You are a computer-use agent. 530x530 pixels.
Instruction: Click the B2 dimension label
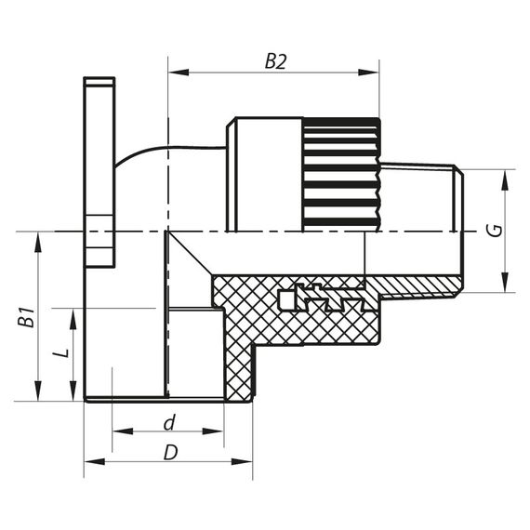click(274, 61)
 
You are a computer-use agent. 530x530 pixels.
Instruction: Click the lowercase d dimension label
click(168, 423)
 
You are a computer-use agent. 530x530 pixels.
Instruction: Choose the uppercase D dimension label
click(170, 452)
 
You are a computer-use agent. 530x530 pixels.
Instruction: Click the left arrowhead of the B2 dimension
click(174, 72)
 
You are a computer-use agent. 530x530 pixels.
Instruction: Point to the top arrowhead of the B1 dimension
click(38, 237)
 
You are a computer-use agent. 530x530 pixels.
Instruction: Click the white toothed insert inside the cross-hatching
click(316, 297)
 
